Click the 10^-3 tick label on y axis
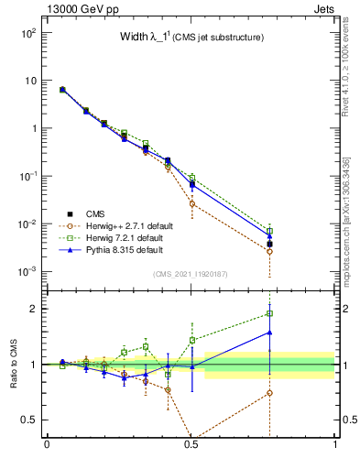tap(27, 272)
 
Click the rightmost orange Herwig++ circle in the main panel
tap(269, 251)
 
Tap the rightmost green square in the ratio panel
tap(269, 313)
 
